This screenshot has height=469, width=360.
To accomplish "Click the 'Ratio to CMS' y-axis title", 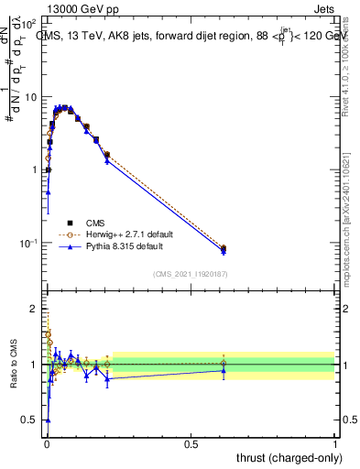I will (x=14, y=364).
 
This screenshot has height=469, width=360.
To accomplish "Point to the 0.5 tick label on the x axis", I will (x=191, y=442).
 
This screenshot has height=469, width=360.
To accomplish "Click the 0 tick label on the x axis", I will (x=46, y=442).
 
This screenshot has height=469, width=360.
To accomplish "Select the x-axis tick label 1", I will (x=335, y=442).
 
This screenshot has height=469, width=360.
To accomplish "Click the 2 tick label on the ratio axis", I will (x=36, y=310).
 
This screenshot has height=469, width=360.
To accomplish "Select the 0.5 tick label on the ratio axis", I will (x=32, y=420).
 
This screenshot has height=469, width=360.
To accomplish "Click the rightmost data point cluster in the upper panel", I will (x=224, y=249).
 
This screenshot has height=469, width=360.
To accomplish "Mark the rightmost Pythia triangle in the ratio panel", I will (x=224, y=370).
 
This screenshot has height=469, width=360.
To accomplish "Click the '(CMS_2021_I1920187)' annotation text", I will (x=190, y=273).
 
